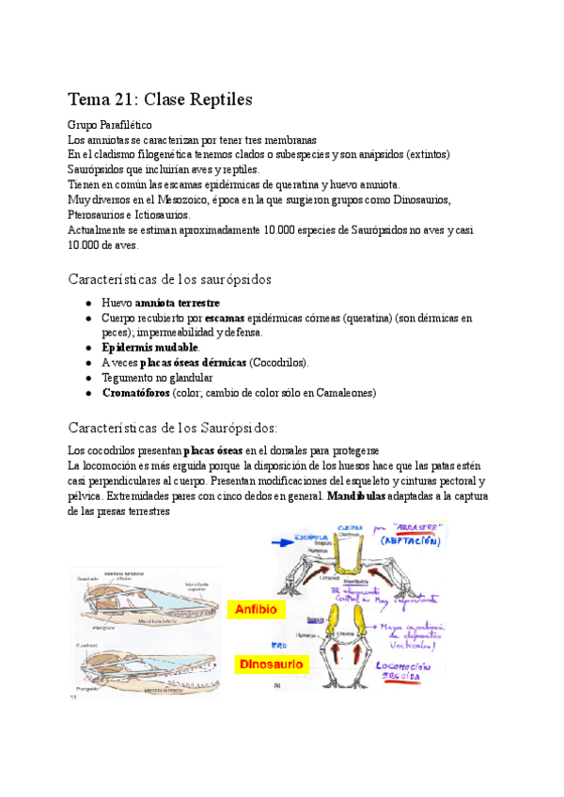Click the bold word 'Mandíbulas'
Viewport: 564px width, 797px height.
point(356,496)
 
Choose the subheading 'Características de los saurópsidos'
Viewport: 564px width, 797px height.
point(169,279)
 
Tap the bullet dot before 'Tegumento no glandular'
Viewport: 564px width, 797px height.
point(87,378)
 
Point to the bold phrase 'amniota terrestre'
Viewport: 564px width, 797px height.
point(178,303)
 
